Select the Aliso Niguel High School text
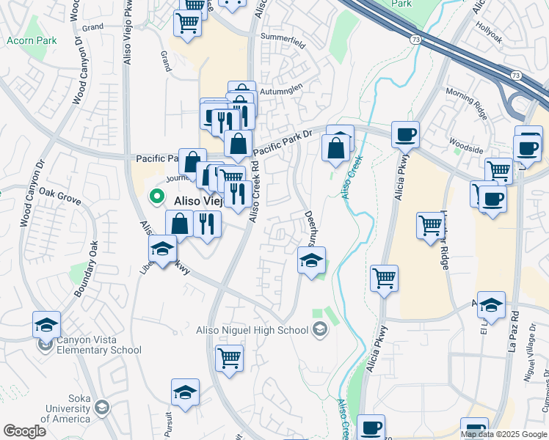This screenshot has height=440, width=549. (x=252, y=330)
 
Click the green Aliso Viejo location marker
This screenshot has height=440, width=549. (x=156, y=197)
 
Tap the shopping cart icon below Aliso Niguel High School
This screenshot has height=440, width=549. (x=230, y=359)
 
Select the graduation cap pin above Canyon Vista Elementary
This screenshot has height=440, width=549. (x=46, y=324)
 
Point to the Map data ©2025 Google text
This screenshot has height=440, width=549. (x=503, y=434)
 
